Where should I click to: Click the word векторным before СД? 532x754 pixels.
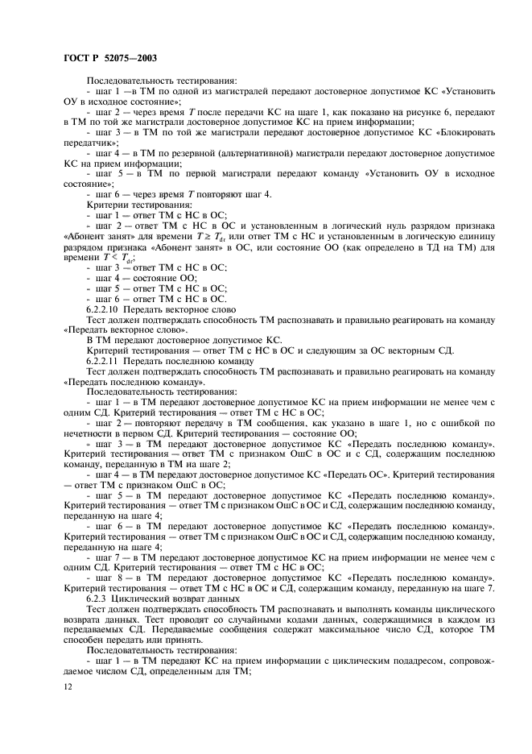[x=406, y=350]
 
